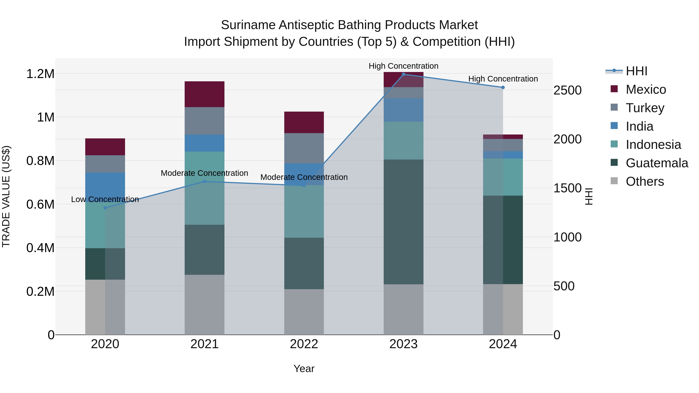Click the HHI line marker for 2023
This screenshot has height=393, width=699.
(403, 74)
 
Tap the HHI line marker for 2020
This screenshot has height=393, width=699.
(105, 208)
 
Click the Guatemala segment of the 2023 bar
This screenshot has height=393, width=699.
(403, 222)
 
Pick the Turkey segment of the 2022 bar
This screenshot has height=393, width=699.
(304, 148)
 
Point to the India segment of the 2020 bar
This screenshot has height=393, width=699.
(105, 187)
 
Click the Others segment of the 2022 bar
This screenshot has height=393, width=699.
(304, 312)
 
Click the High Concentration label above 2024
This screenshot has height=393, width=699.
(503, 79)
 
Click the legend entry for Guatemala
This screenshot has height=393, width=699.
(657, 163)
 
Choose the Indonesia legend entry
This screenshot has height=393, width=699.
(653, 145)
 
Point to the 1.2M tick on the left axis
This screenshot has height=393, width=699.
(40, 74)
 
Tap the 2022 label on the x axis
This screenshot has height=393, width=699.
(304, 344)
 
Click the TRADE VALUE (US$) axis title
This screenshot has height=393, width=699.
(6, 196)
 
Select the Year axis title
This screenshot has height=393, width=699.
(304, 369)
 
